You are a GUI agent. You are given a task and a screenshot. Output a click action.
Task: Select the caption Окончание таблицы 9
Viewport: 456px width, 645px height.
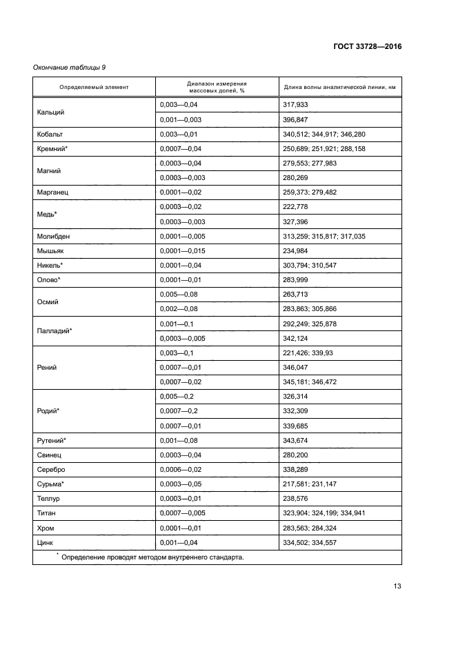(x=69, y=67)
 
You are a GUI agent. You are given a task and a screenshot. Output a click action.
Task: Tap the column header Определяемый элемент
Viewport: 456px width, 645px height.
(x=94, y=87)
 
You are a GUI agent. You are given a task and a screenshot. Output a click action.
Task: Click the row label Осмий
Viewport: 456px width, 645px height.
(x=48, y=301)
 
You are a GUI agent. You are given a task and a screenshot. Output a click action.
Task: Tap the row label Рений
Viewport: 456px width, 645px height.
(x=47, y=368)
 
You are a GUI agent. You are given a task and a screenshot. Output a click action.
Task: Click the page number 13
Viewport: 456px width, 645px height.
(x=397, y=586)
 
